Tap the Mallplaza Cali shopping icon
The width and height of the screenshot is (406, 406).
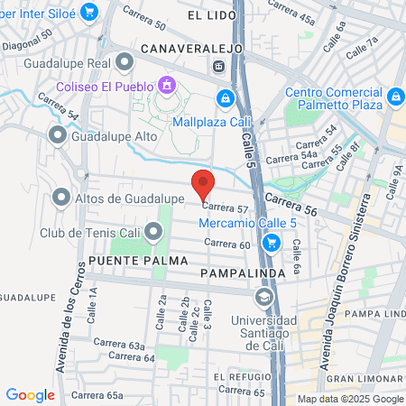coord(225,97)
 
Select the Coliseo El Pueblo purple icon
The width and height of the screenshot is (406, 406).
coord(166,85)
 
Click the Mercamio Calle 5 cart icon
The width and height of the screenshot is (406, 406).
coord(271,243)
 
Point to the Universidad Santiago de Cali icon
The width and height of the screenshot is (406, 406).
coord(263,299)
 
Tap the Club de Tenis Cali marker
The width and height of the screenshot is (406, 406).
coord(153,233)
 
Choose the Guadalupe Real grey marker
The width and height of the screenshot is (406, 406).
coord(125,62)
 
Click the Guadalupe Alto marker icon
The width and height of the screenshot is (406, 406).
coord(58,136)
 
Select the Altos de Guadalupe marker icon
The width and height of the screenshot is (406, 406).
coord(61,196)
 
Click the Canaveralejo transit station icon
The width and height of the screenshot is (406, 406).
coord(217,66)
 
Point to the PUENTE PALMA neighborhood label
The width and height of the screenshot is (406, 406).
coord(127,260)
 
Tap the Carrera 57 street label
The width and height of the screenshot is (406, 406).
coord(231,208)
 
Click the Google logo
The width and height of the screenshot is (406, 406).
coord(31,394)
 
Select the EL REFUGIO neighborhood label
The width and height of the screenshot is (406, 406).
coord(237,376)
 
